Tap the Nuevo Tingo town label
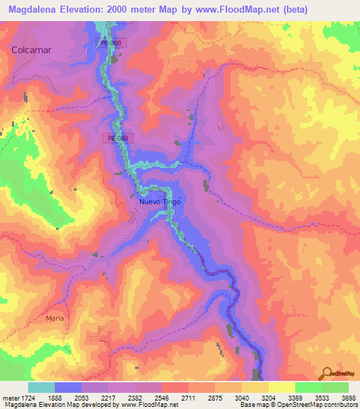[x=161, y=202]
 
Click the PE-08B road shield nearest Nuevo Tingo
[x=117, y=138]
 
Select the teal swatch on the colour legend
[x=41, y=387]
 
